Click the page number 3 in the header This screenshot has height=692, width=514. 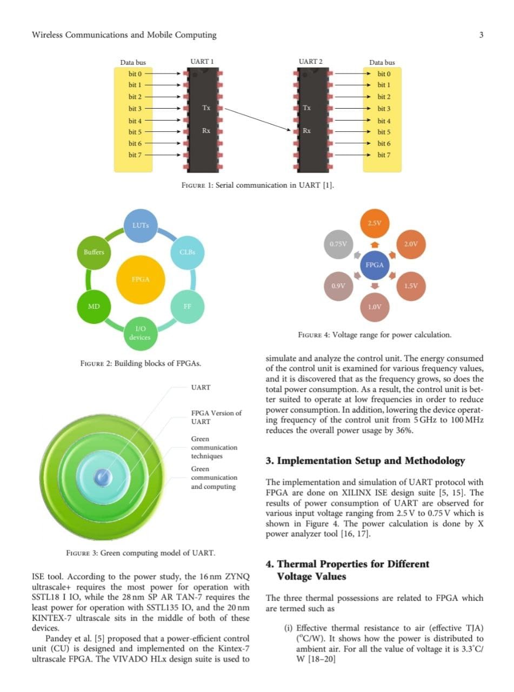tap(481, 35)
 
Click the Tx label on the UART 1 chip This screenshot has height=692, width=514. tap(206, 108)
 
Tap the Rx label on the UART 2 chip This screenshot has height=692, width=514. tap(306, 130)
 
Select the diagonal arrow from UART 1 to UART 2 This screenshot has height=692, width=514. tap(258, 119)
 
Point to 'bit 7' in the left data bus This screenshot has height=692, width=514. tap(135, 155)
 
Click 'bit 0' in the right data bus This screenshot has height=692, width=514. tap(384, 74)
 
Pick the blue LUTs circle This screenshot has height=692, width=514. tap(141, 225)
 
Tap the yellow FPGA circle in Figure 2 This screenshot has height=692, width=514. tap(141, 280)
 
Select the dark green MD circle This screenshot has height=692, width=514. tap(94, 307)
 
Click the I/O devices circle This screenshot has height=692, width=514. tap(141, 333)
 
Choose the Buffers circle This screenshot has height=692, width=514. tap(94, 252)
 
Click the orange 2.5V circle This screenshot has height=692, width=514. tap(374, 223)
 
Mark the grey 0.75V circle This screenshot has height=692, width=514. tap(338, 244)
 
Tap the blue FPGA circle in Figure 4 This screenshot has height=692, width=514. tap(374, 265)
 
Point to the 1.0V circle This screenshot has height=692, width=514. tap(374, 307)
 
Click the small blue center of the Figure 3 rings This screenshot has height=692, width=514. tap(103, 477)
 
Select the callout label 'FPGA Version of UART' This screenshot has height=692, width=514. tap(216, 417)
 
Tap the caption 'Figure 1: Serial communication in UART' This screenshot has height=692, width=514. tap(258, 185)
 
